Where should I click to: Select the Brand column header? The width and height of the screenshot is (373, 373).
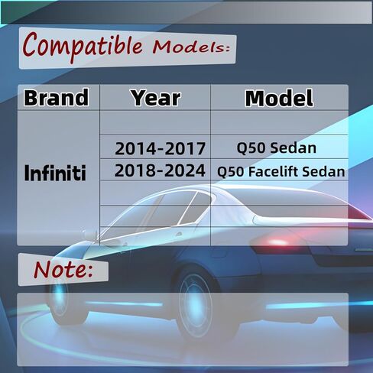(x=57, y=98)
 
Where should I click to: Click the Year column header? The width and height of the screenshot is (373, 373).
(x=155, y=98)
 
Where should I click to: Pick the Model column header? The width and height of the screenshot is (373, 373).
(x=278, y=98)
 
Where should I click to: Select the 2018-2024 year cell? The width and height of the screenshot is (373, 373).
(x=159, y=171)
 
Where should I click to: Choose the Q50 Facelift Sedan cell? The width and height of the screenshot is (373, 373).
(x=281, y=172)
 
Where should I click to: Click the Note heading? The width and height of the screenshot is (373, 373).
(x=63, y=269)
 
